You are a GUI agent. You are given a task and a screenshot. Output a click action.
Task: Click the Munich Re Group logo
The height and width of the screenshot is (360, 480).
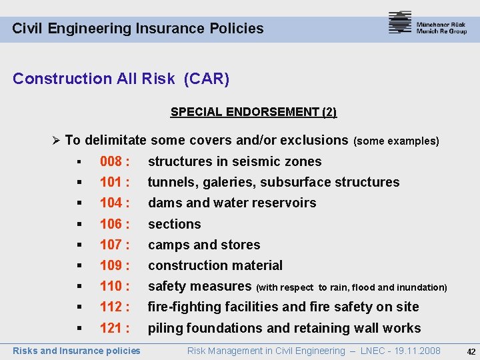(427, 23)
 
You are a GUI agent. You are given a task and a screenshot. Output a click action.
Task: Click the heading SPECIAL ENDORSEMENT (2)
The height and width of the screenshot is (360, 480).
(253, 112)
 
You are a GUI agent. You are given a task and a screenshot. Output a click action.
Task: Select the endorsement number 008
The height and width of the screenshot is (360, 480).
(111, 161)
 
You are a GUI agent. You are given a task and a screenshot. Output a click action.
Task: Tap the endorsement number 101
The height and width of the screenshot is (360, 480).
(111, 182)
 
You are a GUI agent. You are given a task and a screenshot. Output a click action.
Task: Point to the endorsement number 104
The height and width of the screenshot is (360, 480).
(111, 203)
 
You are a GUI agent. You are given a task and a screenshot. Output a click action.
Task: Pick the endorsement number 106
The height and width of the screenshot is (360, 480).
(111, 224)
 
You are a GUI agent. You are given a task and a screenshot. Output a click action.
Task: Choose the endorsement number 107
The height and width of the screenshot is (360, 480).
(111, 245)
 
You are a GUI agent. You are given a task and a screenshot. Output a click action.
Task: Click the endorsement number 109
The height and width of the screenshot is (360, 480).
(111, 265)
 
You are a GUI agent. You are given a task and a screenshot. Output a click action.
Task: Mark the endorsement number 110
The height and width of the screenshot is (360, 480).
(111, 286)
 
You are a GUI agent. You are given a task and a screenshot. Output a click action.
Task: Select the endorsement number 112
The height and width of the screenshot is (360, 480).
(111, 307)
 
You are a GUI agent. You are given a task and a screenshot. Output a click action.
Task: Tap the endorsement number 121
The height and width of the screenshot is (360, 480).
(111, 328)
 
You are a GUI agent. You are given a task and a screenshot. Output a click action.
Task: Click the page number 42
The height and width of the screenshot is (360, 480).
(471, 351)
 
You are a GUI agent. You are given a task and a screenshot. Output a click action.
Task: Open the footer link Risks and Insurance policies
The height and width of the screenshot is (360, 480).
(77, 351)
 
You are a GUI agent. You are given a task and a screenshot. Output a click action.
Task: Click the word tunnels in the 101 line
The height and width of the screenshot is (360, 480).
(170, 182)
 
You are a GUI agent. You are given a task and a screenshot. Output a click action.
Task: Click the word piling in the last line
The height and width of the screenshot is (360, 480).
(165, 328)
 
